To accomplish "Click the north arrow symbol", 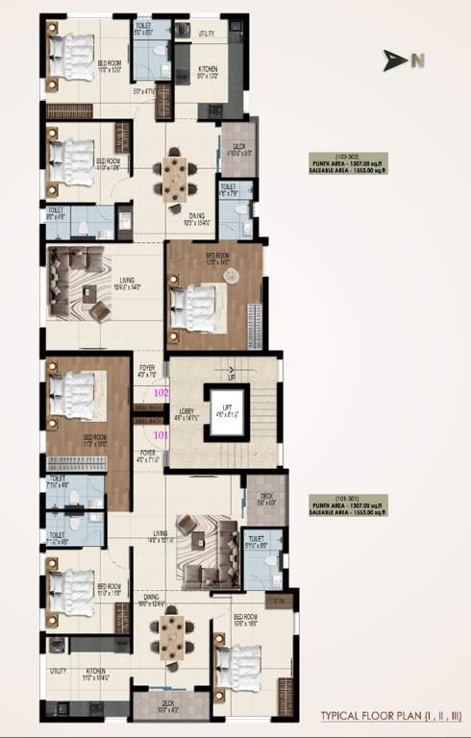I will (393, 61).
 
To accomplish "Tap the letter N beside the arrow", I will (417, 61).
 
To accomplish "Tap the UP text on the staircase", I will (228, 377).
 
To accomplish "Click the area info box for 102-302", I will (347, 161).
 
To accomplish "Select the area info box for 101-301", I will (347, 504).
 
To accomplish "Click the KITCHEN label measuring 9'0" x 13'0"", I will (208, 71).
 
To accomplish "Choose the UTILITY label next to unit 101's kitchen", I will (58, 671).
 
